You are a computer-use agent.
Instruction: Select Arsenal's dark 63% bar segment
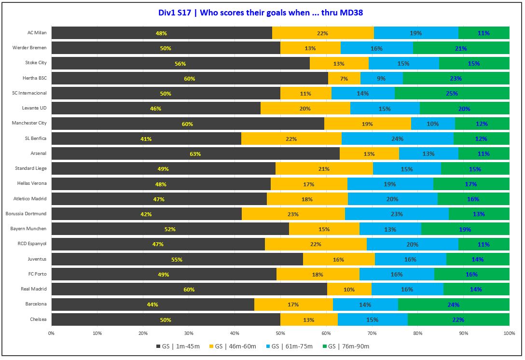point(195,154)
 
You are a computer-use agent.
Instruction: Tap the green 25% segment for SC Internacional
point(452,94)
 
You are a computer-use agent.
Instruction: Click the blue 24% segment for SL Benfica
point(398,139)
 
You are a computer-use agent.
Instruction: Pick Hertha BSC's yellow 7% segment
point(344,79)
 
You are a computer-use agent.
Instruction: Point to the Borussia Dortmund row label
point(26,214)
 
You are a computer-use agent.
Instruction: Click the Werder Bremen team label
point(30,48)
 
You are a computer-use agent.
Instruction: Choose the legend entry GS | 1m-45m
point(178,346)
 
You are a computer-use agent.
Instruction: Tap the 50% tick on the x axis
point(280,333)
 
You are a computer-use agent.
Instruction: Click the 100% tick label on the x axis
point(509,333)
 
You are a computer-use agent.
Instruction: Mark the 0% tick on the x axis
point(52,333)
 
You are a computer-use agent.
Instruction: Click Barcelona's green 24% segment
point(454,305)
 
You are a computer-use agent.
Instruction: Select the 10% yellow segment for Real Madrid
point(349,290)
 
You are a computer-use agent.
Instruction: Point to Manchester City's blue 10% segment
point(433,124)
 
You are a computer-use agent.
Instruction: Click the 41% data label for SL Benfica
point(146,139)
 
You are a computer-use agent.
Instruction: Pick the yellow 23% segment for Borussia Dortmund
point(293,214)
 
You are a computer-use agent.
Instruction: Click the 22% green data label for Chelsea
point(458,319)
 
